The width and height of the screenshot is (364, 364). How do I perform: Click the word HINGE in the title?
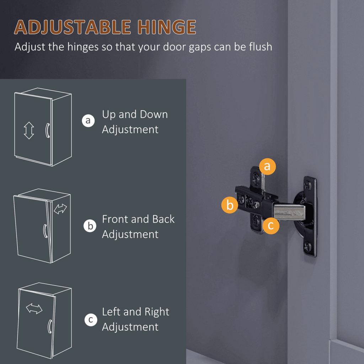click(x=166, y=27)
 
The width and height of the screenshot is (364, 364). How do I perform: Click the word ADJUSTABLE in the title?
click(x=73, y=27)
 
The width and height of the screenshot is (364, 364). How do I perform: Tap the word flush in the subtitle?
click(x=261, y=47)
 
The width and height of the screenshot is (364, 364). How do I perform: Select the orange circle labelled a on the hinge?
click(x=267, y=166)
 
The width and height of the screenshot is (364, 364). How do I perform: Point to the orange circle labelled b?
click(x=230, y=205)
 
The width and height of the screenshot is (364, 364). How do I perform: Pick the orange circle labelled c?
click(x=271, y=225)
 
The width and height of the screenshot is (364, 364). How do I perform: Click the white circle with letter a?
click(x=88, y=121)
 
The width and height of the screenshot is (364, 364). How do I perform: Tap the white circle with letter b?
click(x=90, y=226)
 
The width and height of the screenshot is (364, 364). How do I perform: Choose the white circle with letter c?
click(x=91, y=320)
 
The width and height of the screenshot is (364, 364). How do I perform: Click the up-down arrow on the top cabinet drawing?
click(x=29, y=130)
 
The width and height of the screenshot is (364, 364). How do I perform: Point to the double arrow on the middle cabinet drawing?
click(x=60, y=209)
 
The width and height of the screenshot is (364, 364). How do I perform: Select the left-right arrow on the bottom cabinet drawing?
click(x=34, y=309)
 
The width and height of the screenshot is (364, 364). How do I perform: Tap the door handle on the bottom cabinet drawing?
click(x=49, y=326)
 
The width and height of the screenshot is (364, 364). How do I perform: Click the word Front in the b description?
click(x=115, y=219)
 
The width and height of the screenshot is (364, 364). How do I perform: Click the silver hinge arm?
click(x=289, y=211)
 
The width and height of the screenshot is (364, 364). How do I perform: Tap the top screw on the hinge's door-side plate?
click(x=308, y=185)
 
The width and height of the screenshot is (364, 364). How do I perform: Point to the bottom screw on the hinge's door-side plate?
click(x=308, y=246)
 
